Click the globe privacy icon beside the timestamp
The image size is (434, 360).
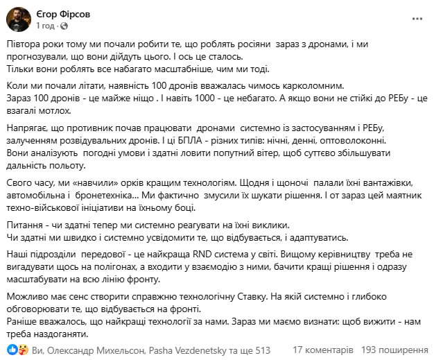[64, 25]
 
